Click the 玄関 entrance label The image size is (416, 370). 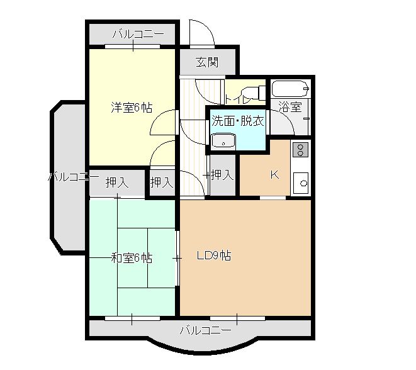tap(207, 62)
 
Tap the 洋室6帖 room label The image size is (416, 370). tap(132, 108)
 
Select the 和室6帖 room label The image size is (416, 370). tap(132, 258)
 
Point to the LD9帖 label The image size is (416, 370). tap(213, 256)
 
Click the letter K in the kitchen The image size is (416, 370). tap(274, 175)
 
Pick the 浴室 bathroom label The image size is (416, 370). tap(290, 108)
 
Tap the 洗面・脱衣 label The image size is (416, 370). tap(237, 120)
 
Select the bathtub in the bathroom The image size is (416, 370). tap(290, 89)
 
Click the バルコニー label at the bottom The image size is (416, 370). tap(205, 330)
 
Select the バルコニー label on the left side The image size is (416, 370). tap(73, 177)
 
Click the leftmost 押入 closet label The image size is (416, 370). tap(117, 183)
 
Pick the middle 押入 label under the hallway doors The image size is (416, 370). tap(162, 183)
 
